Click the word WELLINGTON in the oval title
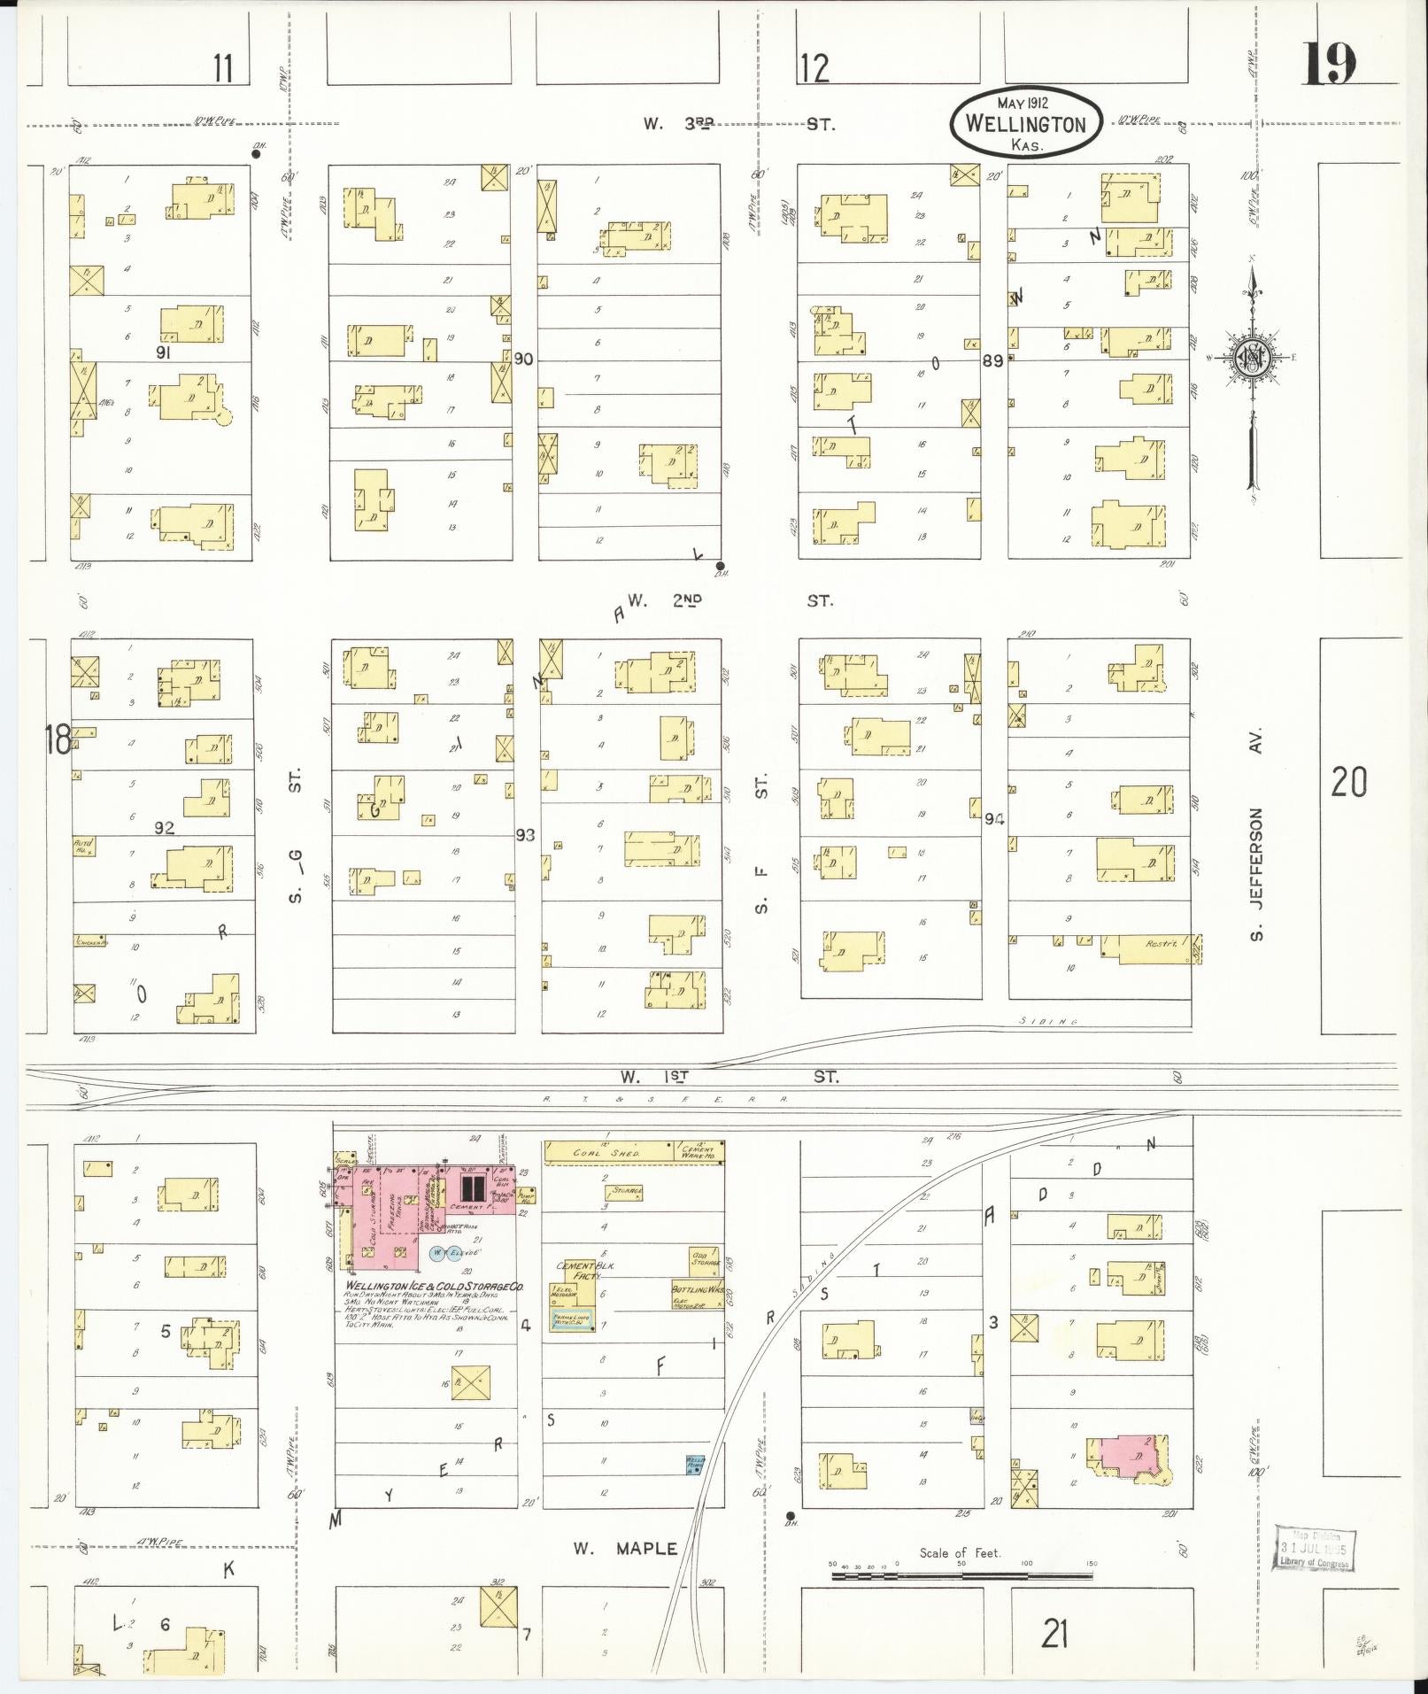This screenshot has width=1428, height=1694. point(1025,124)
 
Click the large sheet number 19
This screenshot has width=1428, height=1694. point(1330,64)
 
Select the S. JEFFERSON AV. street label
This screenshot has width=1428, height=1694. point(1255,835)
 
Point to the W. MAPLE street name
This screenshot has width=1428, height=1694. point(624,1549)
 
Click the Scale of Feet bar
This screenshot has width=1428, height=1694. point(961,1575)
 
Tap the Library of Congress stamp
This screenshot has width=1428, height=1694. point(1315,1549)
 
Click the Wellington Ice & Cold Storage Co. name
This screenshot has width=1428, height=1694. point(434,1286)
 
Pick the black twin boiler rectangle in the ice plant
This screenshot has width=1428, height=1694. point(474,1187)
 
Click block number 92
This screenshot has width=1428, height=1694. point(165,828)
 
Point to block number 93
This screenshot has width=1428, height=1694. point(526,834)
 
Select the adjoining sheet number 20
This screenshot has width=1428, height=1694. point(1348,782)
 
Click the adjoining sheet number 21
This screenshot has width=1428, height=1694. point(1054,1633)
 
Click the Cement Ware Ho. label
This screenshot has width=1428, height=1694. point(699,1152)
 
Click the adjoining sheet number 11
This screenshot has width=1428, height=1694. point(223,68)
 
